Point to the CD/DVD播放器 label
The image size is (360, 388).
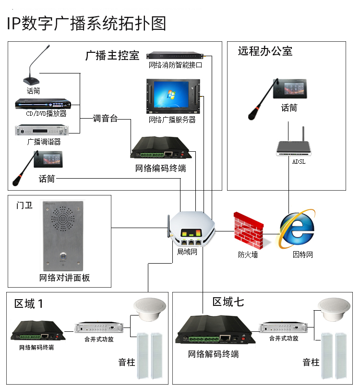click(x=46, y=114)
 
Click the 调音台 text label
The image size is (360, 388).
click(x=105, y=119)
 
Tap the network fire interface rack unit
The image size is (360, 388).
click(x=175, y=56)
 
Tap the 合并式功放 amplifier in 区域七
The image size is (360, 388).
click(x=283, y=327)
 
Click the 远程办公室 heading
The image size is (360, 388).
click(x=265, y=51)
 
